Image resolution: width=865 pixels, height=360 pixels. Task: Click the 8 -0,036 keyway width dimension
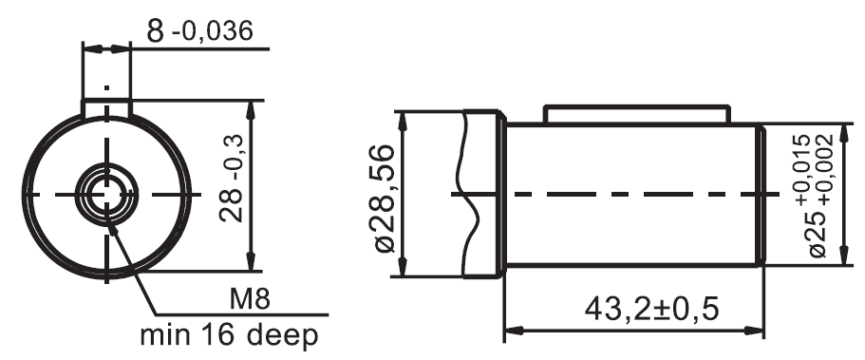point(199,31)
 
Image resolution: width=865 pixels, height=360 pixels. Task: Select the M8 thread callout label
point(250,300)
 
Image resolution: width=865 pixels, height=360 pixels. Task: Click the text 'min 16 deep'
point(229,335)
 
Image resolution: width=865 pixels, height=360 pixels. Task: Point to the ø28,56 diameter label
point(385,199)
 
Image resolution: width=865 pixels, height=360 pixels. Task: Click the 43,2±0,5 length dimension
point(651,309)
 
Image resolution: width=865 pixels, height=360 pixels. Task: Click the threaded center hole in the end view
point(106,195)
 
